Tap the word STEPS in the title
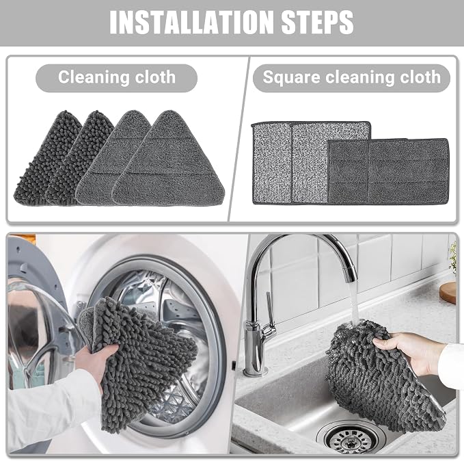pyautogui.click(x=317, y=22)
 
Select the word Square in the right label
pyautogui.click(x=292, y=77)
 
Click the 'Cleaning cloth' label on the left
pyautogui.click(x=117, y=77)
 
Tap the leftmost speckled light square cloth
pyautogui.click(x=271, y=163)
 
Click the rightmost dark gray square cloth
pyautogui.click(x=409, y=171)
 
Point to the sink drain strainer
pyautogui.click(x=351, y=438)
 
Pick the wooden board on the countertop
pyautogui.click(x=448, y=293)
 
